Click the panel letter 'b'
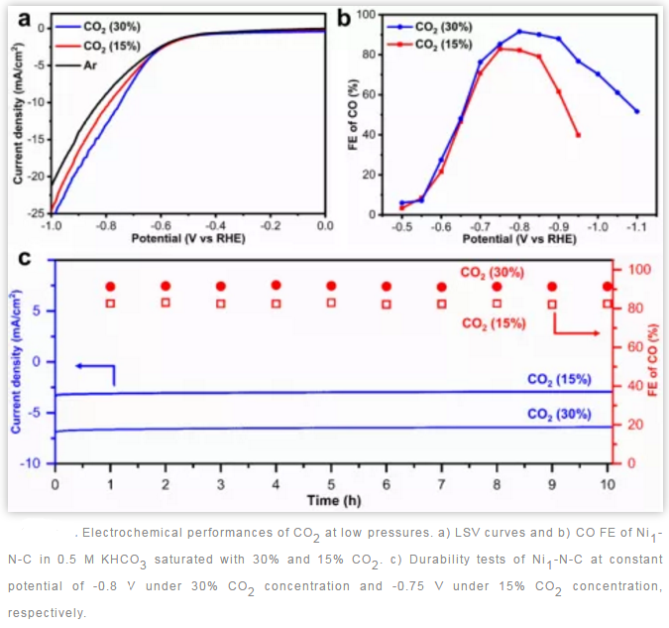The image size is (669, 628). click(x=344, y=17)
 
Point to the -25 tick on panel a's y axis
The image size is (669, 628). click(x=37, y=213)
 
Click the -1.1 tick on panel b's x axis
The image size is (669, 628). click(x=636, y=227)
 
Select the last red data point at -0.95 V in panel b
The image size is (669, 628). click(x=578, y=135)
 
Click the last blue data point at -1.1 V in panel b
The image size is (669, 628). click(x=636, y=111)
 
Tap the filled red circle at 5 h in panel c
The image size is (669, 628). click(x=331, y=286)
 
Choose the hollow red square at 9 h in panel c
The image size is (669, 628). click(x=552, y=305)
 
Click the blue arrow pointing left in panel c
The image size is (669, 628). click(x=95, y=368)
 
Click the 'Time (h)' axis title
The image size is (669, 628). click(x=331, y=498)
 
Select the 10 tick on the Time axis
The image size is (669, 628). click(x=608, y=483)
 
